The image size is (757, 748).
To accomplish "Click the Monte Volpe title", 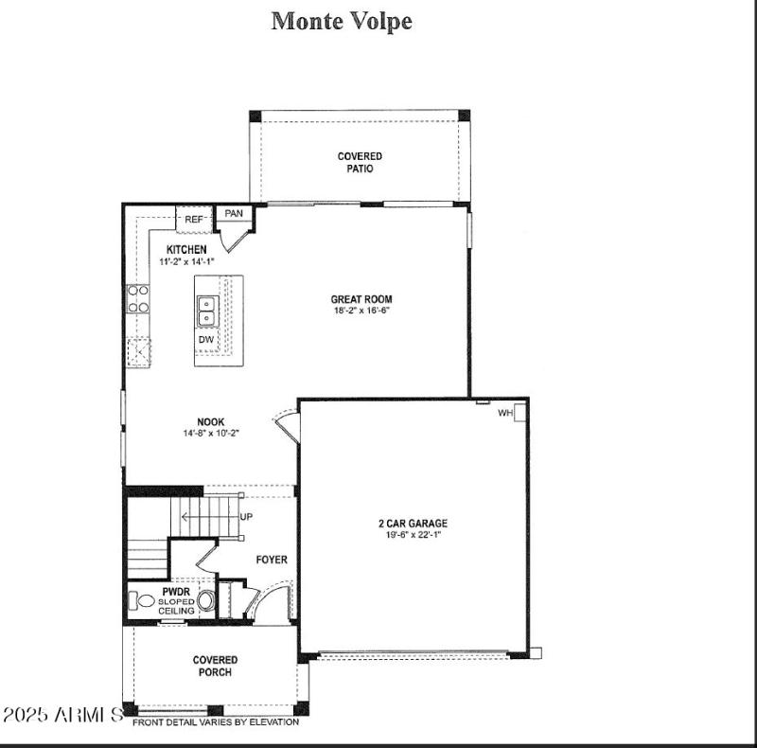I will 342,21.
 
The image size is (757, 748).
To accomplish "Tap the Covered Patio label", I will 360,162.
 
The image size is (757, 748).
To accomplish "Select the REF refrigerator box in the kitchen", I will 194,220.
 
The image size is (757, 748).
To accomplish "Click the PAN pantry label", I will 234,214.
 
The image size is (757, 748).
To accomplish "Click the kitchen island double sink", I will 207,310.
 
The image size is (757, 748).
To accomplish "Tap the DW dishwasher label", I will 206,340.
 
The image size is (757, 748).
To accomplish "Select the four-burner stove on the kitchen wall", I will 138,298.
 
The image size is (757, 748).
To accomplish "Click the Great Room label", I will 361,299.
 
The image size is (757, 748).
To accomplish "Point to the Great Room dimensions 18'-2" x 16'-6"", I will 361,311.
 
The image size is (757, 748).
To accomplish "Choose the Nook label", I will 210,422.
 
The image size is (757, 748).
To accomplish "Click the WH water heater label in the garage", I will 505,413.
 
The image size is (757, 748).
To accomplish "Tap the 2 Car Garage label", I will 414,523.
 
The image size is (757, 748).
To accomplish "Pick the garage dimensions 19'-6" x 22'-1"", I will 414,535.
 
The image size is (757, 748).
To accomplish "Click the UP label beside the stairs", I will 247,517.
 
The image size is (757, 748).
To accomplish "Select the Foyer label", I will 272,560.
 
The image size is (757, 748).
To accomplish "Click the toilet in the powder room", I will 145,600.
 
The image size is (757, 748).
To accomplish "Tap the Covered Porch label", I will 215,666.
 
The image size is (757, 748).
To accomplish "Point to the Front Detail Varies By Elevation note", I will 215,721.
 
